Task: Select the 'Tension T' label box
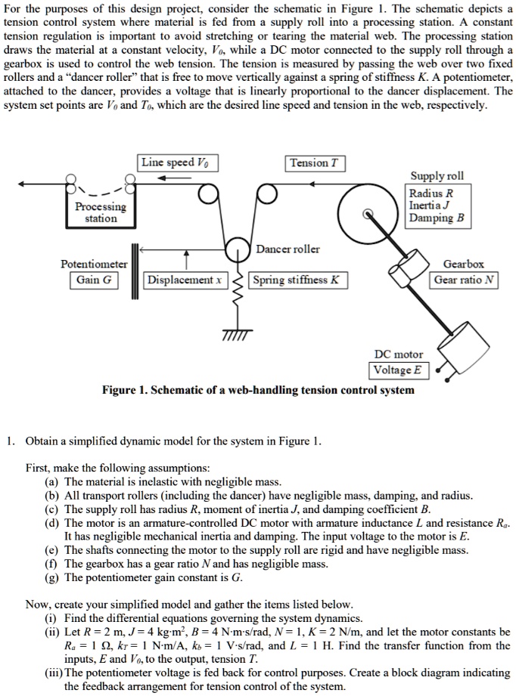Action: (316, 163)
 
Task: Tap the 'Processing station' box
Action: (101, 212)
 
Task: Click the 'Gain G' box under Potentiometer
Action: (95, 280)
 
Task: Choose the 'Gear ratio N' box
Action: (465, 280)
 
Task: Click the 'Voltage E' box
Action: (399, 370)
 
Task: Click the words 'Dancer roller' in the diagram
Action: (288, 249)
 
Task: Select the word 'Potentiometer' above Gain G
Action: (94, 264)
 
